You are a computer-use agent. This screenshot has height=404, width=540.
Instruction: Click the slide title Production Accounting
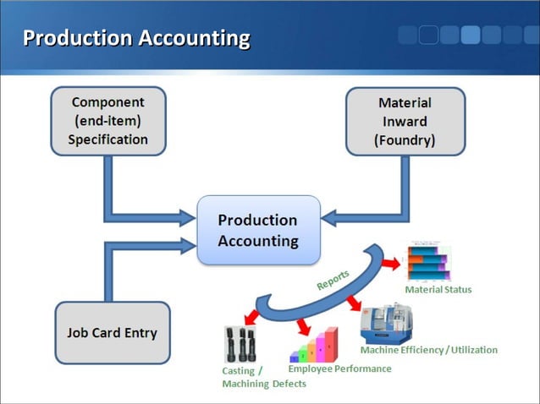136,38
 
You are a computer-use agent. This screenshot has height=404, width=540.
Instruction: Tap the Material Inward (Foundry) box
405,122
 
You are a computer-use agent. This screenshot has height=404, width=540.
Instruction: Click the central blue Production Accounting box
258,230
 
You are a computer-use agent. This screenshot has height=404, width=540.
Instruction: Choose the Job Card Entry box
112,332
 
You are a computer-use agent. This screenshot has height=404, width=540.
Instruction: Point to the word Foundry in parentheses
405,140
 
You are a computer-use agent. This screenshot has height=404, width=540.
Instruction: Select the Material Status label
438,290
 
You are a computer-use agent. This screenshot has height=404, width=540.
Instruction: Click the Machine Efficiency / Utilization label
428,350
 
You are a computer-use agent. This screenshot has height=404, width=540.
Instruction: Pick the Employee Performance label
339,369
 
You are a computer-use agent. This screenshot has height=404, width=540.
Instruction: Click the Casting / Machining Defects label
254,378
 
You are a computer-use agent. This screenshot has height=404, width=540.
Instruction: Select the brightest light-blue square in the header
471,35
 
